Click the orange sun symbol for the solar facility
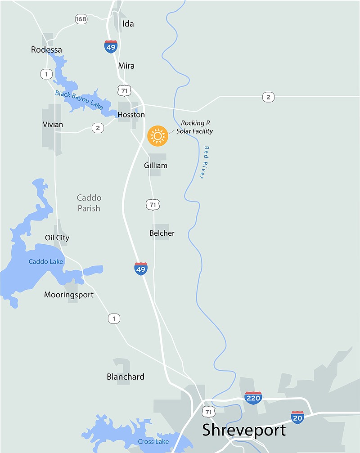click(157, 136)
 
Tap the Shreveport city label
click(244, 430)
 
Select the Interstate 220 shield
click(253, 398)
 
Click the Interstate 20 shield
click(297, 417)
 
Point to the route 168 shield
click(81, 19)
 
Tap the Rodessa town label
click(46, 49)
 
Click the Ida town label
click(128, 24)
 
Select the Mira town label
click(126, 66)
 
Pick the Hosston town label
click(131, 115)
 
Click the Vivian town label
click(53, 124)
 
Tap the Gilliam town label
click(156, 166)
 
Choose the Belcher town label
click(162, 233)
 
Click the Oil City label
click(57, 238)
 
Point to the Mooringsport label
click(69, 295)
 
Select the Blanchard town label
click(126, 377)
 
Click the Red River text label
click(204, 162)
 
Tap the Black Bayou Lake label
click(79, 100)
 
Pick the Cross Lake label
click(153, 441)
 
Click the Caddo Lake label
click(46, 261)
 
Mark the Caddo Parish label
click(89, 203)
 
